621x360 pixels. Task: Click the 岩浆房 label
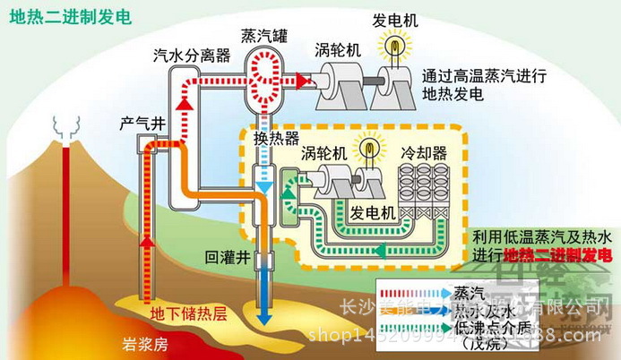click(142, 344)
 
